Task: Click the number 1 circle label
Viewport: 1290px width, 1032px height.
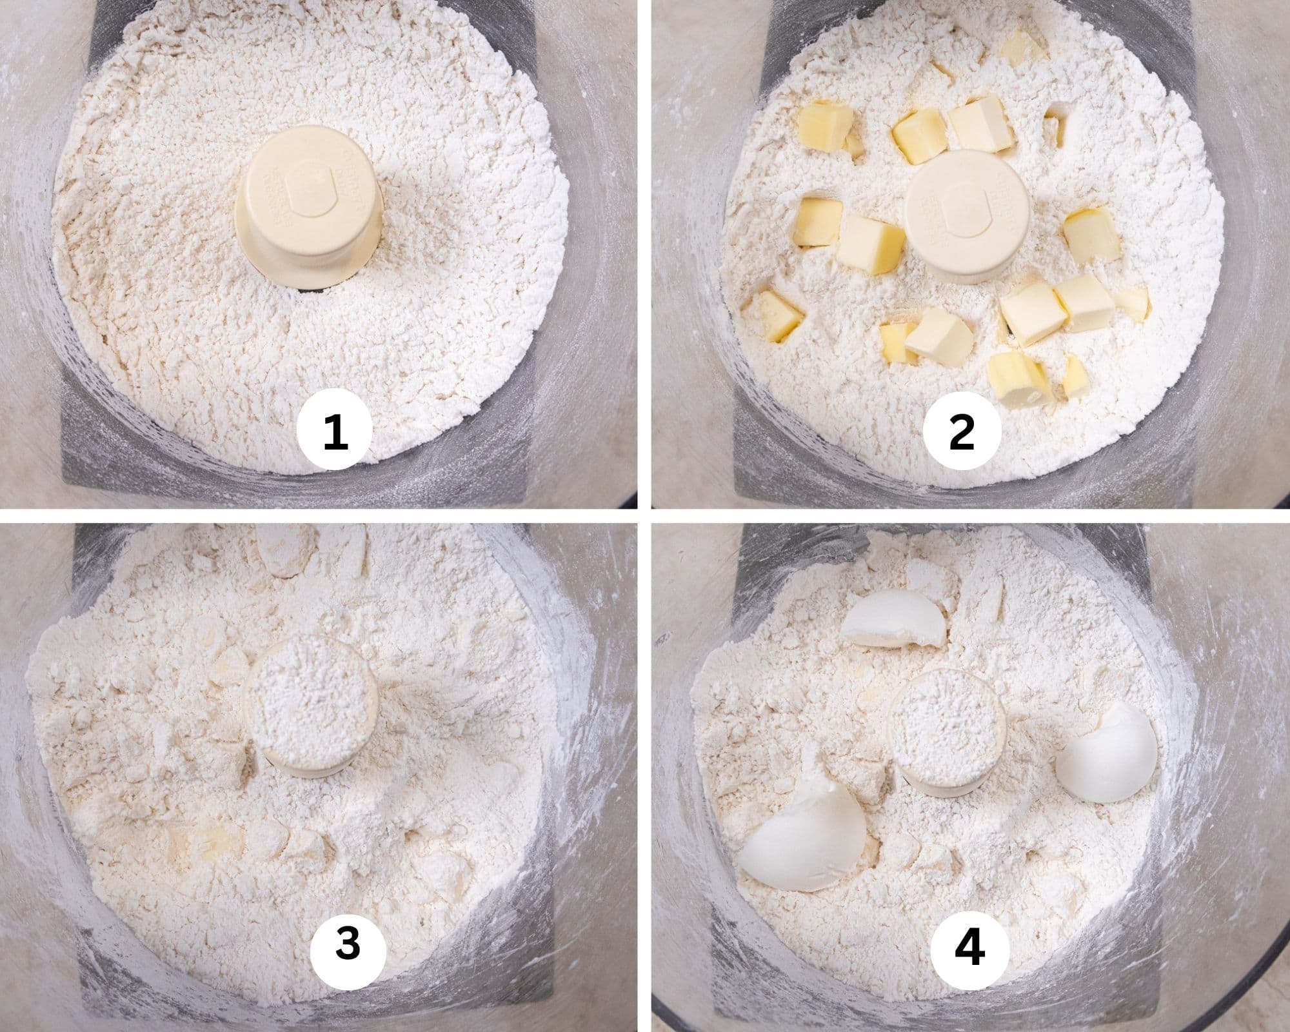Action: pos(335,432)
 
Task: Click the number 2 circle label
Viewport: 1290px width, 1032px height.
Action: pos(962,432)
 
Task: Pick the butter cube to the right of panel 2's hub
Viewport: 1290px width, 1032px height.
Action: pos(1092,235)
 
